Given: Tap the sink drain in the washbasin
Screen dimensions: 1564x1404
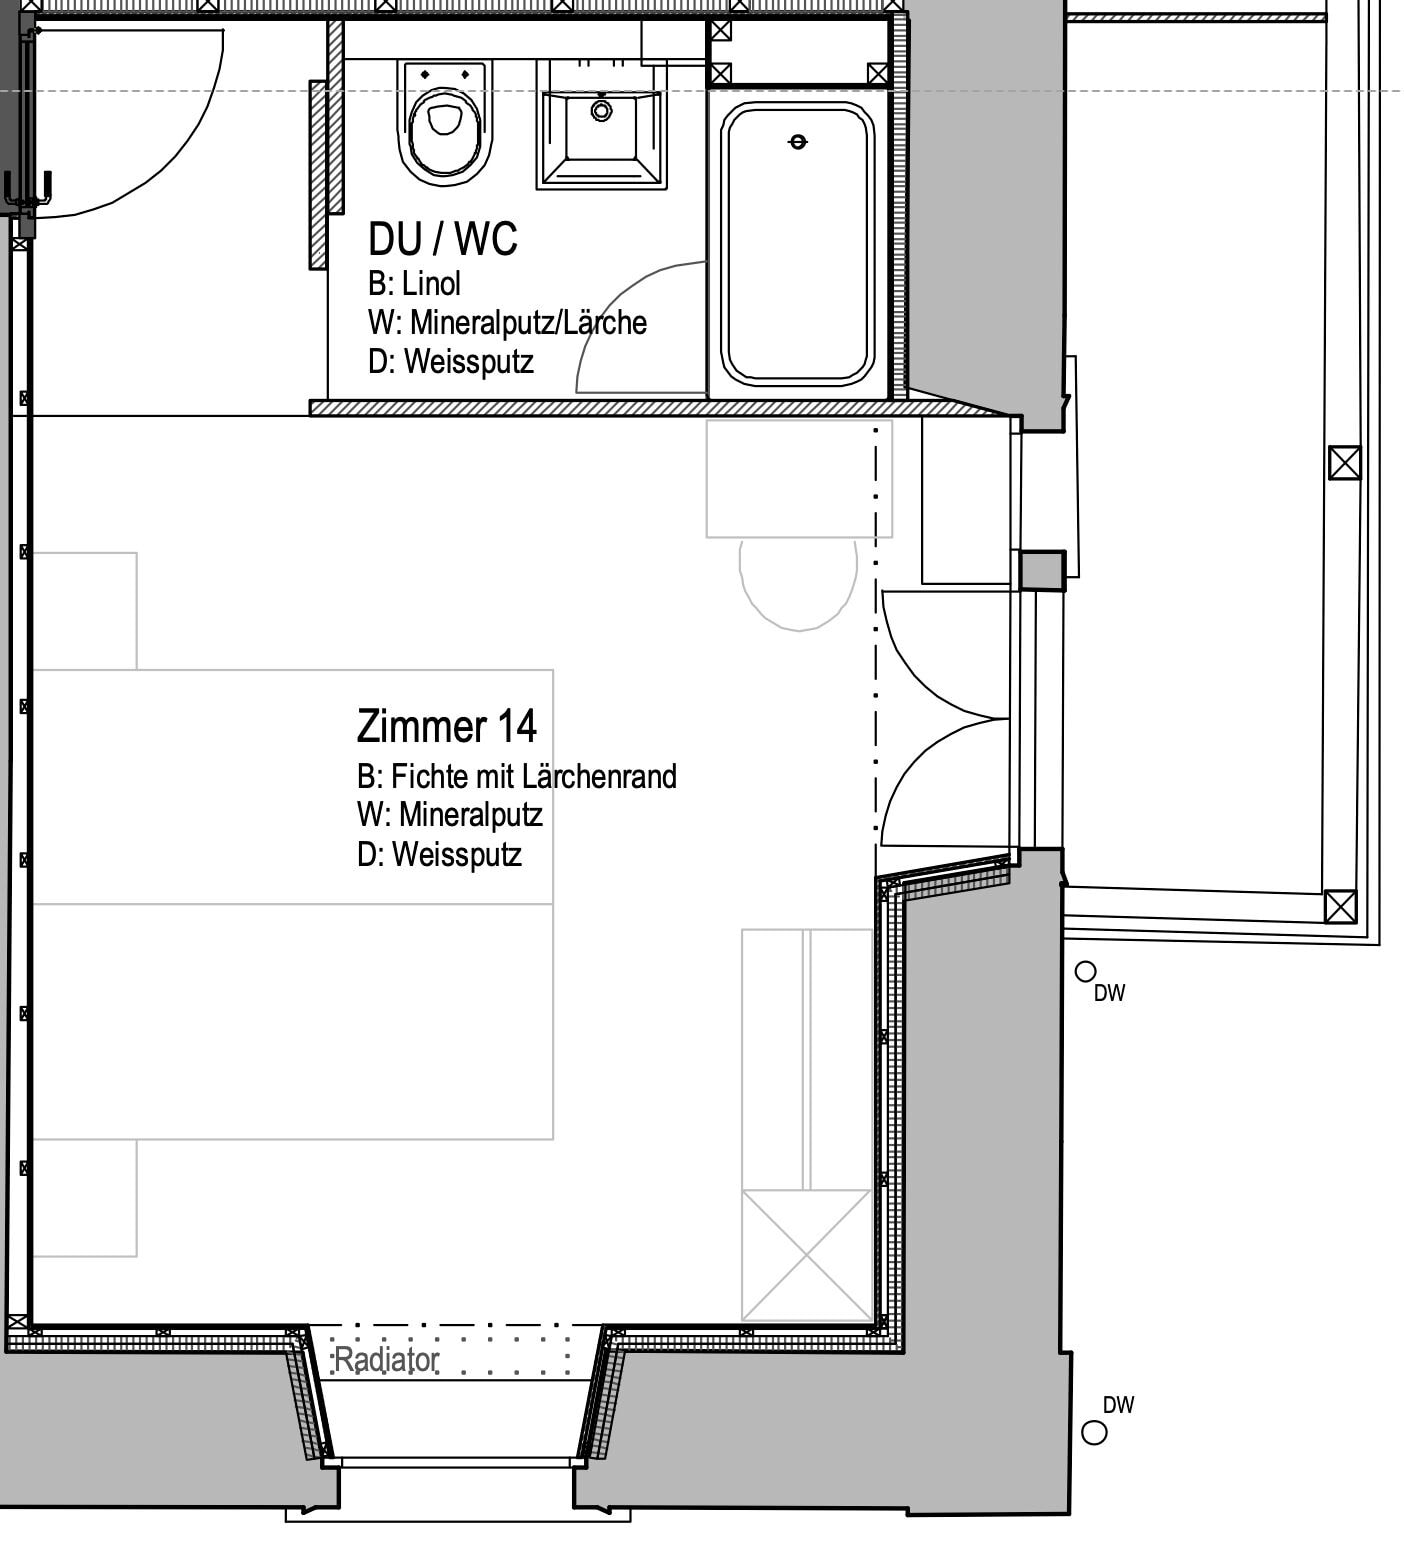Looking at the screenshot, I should click(x=601, y=110).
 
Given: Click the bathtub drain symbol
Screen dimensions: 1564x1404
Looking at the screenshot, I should click(x=797, y=142).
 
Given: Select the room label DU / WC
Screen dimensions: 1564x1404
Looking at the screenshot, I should click(x=442, y=240).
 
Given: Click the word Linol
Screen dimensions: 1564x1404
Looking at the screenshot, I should click(x=431, y=284).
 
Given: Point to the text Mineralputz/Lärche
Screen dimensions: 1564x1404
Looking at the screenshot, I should click(x=528, y=323).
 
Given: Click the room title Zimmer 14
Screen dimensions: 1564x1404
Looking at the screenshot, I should click(x=446, y=726).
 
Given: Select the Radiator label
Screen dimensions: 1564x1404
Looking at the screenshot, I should click(x=386, y=1360).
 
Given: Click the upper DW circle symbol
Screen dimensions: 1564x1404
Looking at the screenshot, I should click(x=1084, y=971).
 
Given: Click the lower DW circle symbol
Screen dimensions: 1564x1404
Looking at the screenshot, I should click(x=1094, y=1433).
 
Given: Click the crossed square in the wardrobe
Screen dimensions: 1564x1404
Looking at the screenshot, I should click(x=806, y=1255).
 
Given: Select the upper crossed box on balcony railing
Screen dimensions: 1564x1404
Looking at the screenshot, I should click(x=1344, y=463).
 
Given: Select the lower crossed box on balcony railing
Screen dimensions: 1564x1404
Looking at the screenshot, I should click(x=1340, y=906).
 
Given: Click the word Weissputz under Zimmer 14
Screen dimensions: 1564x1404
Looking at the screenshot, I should click(x=456, y=855).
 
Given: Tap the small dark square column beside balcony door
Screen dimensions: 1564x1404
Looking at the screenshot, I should click(x=1041, y=571).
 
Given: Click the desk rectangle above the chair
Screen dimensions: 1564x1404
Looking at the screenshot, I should click(x=798, y=478).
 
